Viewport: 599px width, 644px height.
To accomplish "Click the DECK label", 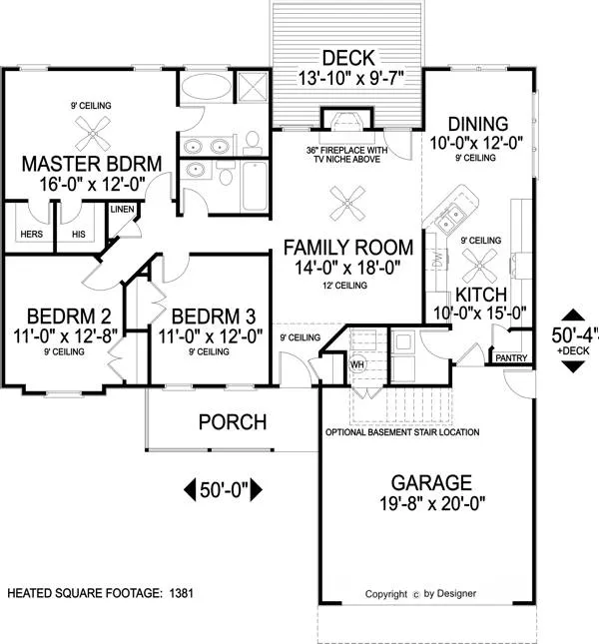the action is coord(348,58).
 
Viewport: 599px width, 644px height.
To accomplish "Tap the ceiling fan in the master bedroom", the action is coord(93,133).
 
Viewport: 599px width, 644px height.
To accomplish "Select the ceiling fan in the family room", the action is coord(347,203).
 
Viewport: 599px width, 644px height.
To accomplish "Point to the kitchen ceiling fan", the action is coord(479,265).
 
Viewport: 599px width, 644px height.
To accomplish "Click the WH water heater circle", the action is coord(357,363).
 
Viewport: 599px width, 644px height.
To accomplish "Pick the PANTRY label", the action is coord(511,358).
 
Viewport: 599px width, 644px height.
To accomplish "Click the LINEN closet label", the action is coord(123,209).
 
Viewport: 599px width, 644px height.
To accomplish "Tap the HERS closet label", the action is coord(32,234).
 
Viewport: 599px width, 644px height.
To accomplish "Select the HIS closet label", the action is coord(79,234).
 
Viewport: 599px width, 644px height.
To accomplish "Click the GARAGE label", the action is coord(431,482).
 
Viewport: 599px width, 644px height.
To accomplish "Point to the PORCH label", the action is coord(233,422).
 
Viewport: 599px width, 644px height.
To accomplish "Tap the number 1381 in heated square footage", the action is coord(181,593).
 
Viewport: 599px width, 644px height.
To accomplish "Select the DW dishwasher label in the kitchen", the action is coord(437,259).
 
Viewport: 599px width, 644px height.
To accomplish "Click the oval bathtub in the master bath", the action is coord(206,86).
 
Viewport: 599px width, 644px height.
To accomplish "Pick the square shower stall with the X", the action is coord(254,86).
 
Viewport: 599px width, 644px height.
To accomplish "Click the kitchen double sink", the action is coord(450,218).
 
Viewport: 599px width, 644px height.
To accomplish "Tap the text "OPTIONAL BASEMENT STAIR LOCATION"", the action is coord(402,432).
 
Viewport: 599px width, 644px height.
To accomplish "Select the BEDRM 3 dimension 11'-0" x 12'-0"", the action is coord(211,336).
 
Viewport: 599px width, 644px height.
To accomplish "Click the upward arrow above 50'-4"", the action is coord(573,315).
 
